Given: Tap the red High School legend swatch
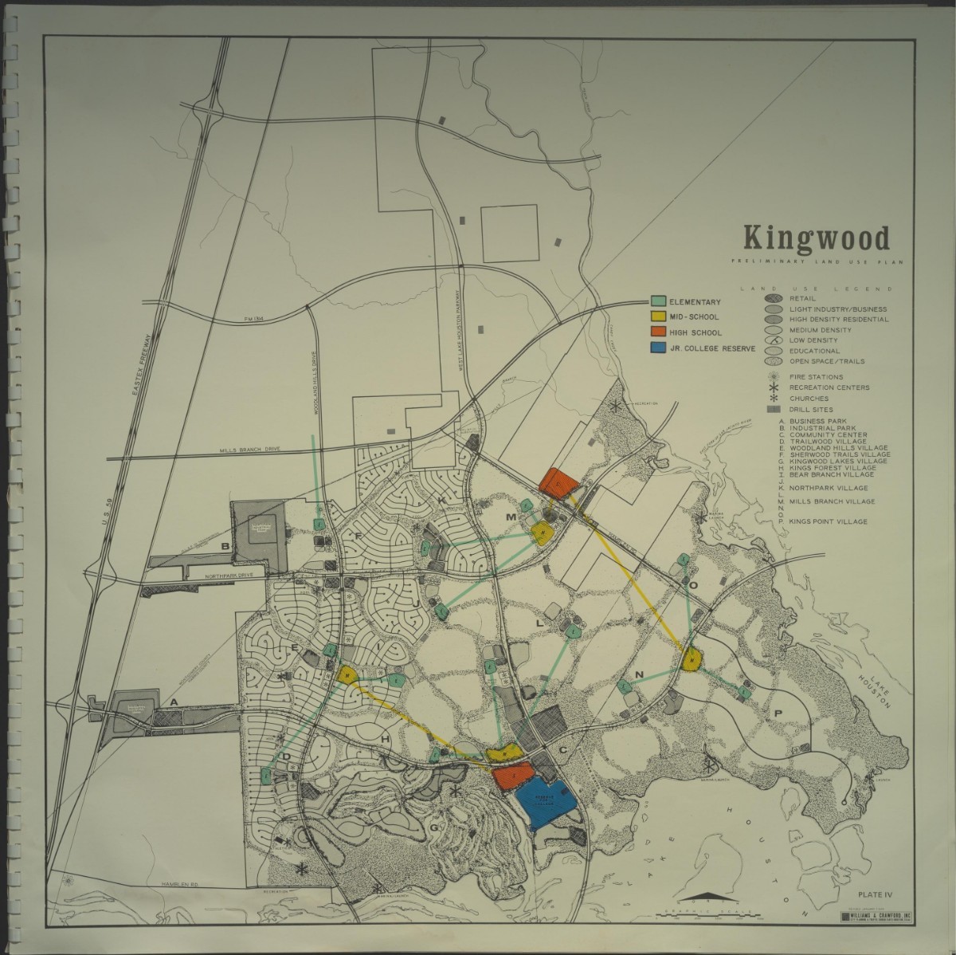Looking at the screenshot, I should pos(658,332).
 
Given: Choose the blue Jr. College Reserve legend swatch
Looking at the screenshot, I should pos(658,348).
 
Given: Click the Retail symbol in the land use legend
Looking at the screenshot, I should pos(773,298).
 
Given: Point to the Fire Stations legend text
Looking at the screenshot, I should pos(817,376).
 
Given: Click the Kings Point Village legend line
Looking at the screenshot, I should pos(829,521).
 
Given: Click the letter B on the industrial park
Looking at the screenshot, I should pos(225,546).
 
